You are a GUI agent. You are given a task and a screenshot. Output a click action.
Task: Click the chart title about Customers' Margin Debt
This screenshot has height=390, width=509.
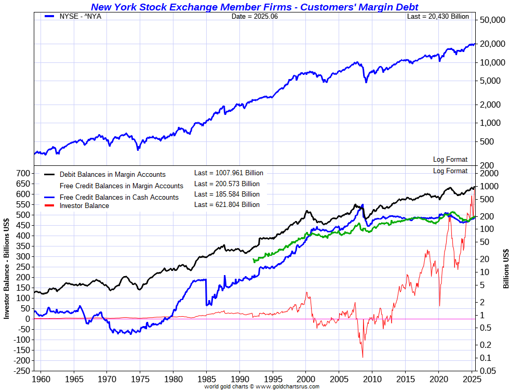[x=254, y=7]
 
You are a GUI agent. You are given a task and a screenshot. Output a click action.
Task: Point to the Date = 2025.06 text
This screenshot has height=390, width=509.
[x=254, y=16]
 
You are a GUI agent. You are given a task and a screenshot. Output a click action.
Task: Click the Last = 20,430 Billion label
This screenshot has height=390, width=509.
[x=437, y=16]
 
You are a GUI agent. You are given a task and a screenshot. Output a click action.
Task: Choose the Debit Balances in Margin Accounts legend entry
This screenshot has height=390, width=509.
[x=112, y=175]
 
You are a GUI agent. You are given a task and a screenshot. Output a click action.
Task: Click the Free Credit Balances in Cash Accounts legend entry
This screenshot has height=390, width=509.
[x=119, y=198]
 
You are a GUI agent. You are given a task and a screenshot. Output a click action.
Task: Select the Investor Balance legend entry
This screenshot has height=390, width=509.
[x=84, y=206]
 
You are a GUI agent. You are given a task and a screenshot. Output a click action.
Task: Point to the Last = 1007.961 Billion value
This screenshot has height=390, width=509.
[x=229, y=173]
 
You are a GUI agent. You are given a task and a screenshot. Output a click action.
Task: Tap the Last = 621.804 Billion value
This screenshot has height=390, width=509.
[x=226, y=204]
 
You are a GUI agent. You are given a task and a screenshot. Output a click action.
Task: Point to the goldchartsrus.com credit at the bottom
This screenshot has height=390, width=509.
[x=261, y=386]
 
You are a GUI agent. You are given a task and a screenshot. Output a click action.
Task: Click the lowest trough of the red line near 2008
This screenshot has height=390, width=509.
[x=363, y=357]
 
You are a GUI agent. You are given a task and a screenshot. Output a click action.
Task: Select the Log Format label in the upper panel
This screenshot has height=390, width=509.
[x=450, y=160]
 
